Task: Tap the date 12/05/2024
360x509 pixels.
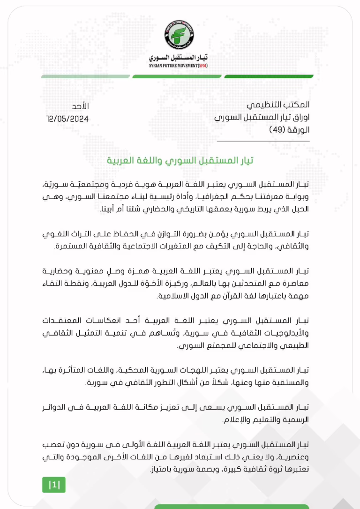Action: tap(67, 119)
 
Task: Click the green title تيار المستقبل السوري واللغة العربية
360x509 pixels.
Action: tap(180, 161)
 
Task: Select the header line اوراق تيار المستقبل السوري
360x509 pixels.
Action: tap(262, 118)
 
